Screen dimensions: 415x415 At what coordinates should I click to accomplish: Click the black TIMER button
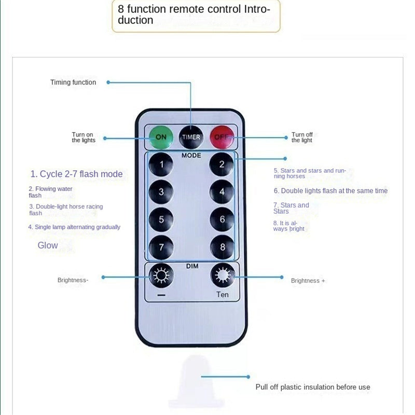(x=191, y=137)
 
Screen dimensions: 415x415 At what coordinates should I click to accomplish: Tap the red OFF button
(x=222, y=137)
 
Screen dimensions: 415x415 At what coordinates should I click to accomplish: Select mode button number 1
(x=161, y=165)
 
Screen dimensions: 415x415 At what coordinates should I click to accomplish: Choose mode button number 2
(x=222, y=165)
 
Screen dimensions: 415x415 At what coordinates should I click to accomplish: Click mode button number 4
(x=222, y=192)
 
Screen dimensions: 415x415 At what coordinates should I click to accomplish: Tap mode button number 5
(x=161, y=219)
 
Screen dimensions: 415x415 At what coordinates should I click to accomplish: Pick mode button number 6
(x=222, y=219)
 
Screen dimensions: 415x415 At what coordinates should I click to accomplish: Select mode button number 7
(x=161, y=247)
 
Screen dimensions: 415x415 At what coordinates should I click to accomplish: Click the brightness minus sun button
(x=161, y=276)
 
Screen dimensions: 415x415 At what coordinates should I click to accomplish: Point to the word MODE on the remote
(x=191, y=155)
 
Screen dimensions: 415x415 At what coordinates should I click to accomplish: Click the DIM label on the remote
(x=192, y=266)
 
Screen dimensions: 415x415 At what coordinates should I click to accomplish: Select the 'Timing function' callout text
(x=73, y=82)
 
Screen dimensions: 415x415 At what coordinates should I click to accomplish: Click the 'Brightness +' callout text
(x=308, y=281)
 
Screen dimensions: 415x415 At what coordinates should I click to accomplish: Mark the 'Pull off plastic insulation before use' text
(x=313, y=387)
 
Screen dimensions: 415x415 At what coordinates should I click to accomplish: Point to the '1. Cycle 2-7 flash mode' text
(x=77, y=174)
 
